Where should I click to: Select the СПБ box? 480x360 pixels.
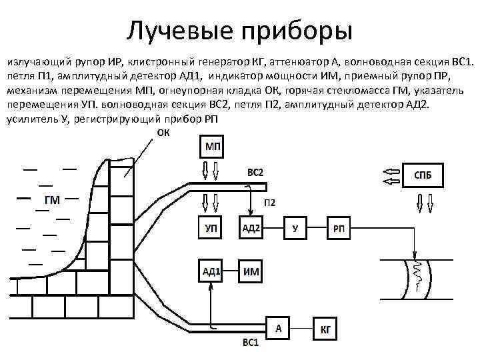422,176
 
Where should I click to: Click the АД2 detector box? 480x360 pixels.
251,229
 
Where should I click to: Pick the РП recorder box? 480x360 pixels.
339,229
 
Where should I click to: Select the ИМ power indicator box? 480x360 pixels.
251,271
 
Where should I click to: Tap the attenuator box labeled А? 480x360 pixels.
279,327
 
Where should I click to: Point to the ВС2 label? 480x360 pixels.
255,172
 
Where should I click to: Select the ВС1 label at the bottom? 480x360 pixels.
250,345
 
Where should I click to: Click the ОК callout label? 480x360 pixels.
163,132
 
